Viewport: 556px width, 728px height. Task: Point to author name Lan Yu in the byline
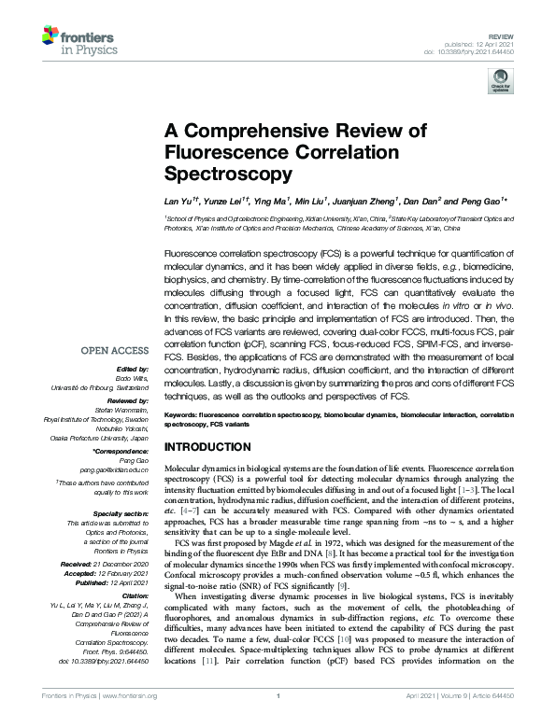[178, 201]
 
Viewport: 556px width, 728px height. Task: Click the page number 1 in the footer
[278, 721]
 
